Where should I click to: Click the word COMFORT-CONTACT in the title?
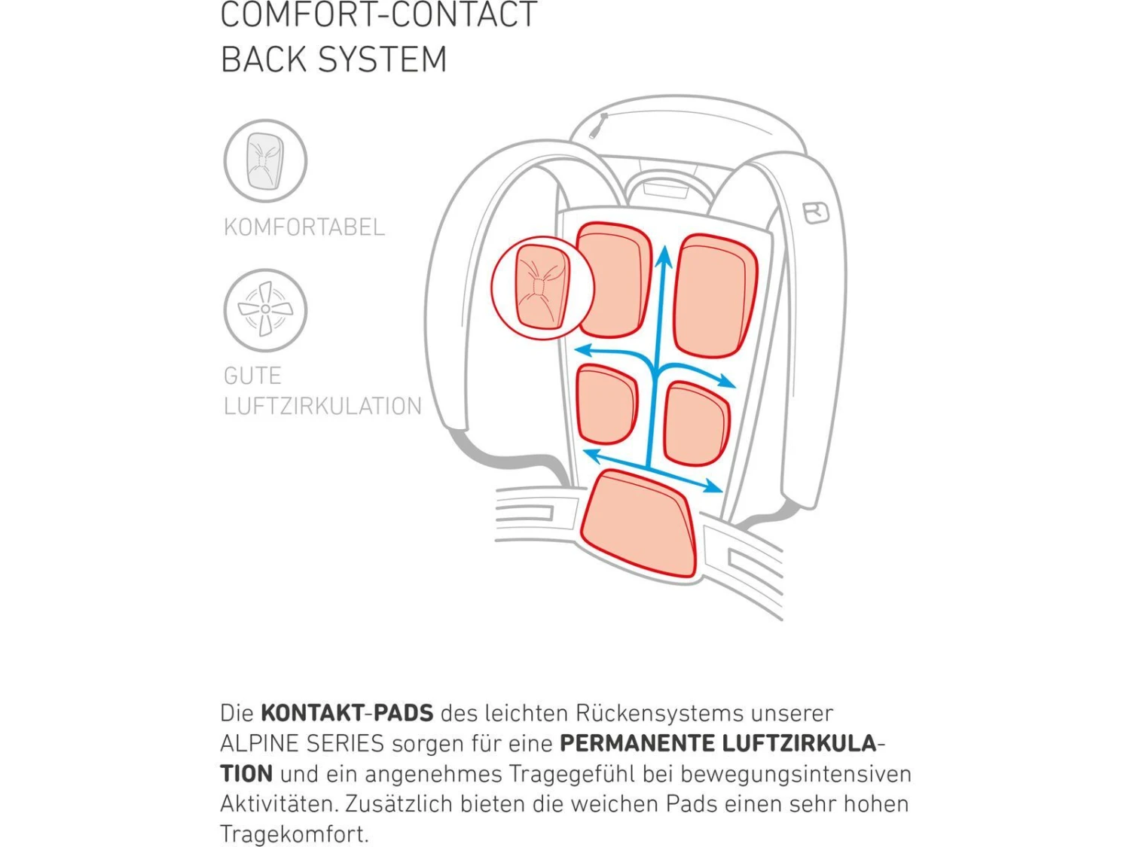378,15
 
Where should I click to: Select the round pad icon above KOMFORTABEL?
265,160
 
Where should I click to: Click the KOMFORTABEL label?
304,227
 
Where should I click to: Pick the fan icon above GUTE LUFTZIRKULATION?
265,309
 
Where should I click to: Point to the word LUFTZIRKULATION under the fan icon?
322,407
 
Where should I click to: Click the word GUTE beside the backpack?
252,376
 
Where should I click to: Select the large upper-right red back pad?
714,295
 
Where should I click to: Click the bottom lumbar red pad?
639,523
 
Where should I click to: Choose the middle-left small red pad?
606,404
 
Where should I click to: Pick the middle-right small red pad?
696,423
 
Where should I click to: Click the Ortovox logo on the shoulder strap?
816,212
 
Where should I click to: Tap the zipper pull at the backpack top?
598,126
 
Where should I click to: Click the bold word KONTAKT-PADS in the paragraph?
347,713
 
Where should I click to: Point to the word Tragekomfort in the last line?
294,834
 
